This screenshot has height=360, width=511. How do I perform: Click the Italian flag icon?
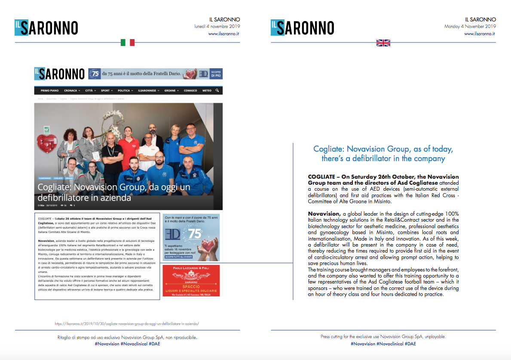coord(128,43)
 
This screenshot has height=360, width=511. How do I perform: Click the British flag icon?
coord(383,43)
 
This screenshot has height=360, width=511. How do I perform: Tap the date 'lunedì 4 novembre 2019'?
coord(217,26)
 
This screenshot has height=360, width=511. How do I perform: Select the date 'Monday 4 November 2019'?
coord(470,26)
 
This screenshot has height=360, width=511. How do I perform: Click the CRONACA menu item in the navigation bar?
coord(71,91)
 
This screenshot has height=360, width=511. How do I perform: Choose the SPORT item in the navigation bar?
coord(106,91)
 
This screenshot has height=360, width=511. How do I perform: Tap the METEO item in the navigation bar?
coord(207,91)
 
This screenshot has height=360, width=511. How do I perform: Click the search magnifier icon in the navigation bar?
coord(217,91)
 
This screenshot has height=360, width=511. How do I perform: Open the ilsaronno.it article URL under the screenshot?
coord(127,323)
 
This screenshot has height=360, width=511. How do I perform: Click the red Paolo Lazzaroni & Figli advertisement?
coord(191,280)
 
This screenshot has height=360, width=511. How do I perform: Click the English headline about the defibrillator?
coord(383,154)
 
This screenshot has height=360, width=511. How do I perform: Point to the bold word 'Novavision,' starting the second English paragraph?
coord(324,214)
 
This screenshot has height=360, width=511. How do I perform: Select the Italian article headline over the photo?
coord(114,193)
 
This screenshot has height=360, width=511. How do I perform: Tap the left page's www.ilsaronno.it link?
coord(223,33)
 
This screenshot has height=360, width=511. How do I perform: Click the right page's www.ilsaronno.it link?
coord(480,33)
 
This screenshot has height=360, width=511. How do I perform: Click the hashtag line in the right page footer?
coord(383,344)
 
